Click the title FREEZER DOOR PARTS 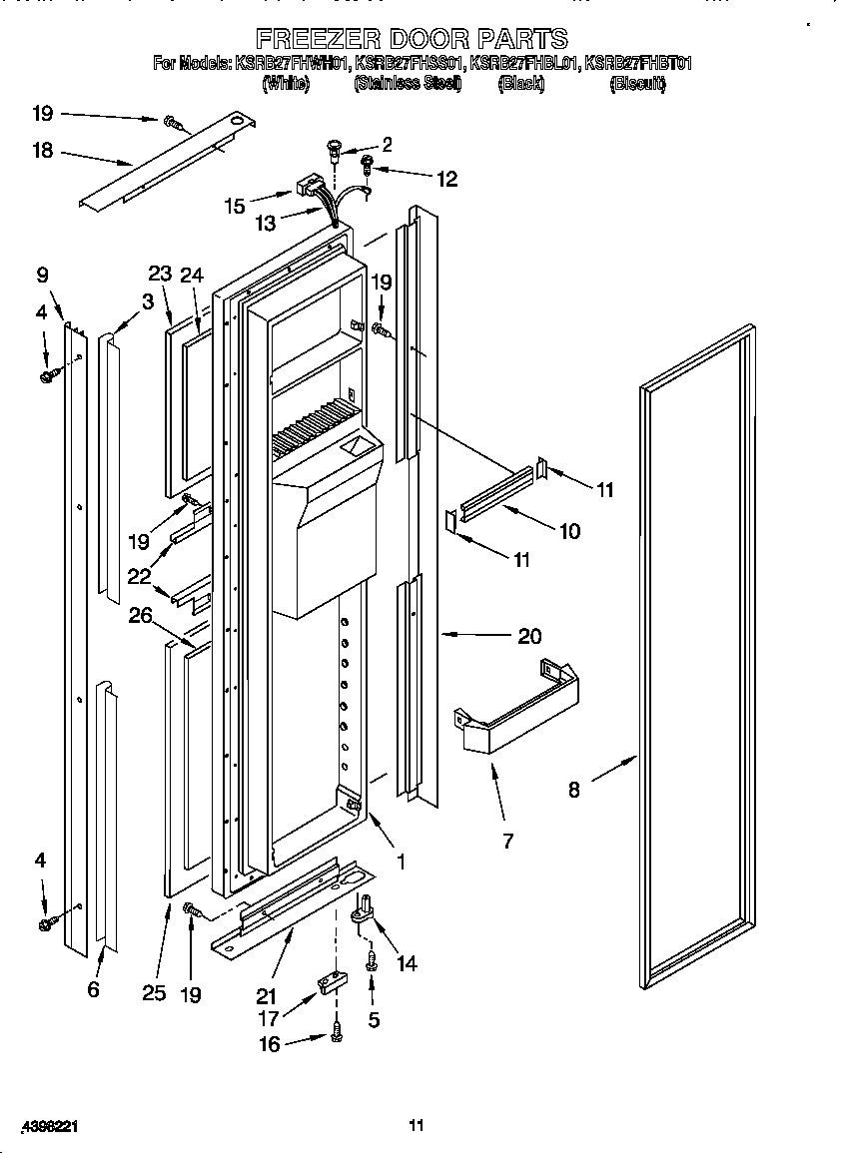[412, 39]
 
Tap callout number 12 [445, 180]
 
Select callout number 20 [529, 635]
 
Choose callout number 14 [407, 963]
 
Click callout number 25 [153, 992]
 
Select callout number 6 [94, 988]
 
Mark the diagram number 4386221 [40, 1125]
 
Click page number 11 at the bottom [417, 1125]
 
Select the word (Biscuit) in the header [637, 85]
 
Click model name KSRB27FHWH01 [292, 64]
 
